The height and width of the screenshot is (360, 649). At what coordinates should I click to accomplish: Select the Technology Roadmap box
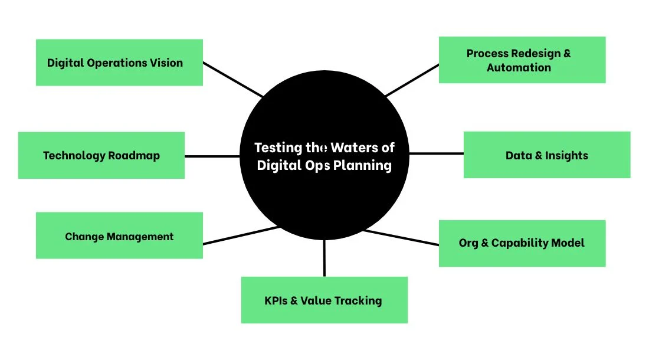[101, 155]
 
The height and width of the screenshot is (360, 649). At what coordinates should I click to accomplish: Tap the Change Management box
[119, 235]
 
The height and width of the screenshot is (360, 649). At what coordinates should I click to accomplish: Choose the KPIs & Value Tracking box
[324, 300]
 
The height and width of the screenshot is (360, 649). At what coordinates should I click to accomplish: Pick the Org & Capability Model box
[522, 243]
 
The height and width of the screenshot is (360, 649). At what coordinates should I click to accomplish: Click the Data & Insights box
[546, 155]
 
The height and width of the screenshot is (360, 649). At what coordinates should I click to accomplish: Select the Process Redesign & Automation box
[522, 60]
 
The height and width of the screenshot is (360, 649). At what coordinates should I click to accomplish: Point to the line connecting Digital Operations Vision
[232, 79]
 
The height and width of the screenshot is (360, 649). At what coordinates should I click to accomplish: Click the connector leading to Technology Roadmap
[212, 156]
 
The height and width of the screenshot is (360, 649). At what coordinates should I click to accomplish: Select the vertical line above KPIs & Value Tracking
[324, 258]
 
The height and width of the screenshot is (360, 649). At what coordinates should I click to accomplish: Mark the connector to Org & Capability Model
[401, 238]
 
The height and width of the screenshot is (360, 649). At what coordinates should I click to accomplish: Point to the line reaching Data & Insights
[436, 153]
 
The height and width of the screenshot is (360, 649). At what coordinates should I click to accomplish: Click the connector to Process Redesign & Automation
[412, 80]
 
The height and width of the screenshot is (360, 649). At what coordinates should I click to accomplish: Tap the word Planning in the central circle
[362, 165]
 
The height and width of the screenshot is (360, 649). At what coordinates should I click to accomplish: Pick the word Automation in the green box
[519, 67]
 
